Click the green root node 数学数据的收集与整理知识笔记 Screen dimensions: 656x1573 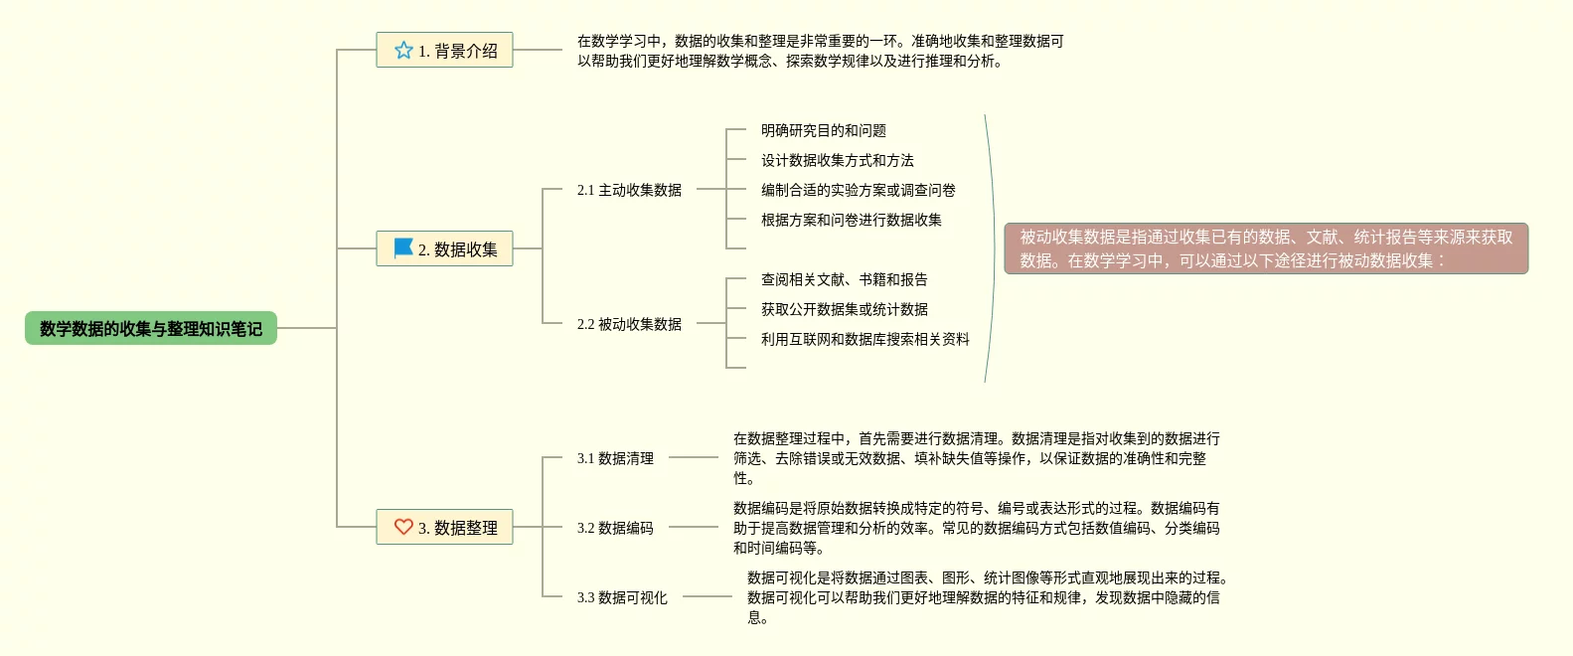151,328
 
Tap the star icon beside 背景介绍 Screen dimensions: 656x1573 403,50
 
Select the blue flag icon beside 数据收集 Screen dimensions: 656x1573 403,248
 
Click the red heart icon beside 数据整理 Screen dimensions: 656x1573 403,527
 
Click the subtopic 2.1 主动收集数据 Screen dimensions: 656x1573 629,190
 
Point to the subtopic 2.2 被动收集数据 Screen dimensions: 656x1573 629,324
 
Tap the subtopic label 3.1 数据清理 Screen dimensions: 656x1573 615,458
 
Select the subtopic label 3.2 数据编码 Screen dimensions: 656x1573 615,528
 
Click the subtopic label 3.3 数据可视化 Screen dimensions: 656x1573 622,597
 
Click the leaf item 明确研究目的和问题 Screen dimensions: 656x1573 824,130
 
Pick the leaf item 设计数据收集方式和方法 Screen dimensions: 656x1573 838,160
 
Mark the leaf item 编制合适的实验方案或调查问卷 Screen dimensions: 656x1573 859,190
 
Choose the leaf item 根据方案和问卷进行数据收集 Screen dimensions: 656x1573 852,220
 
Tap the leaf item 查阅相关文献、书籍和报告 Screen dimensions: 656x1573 845,279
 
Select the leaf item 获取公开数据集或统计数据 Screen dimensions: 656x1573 845,309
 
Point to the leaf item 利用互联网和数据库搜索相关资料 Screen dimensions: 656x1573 865,339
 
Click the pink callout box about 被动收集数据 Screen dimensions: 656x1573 1266,248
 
